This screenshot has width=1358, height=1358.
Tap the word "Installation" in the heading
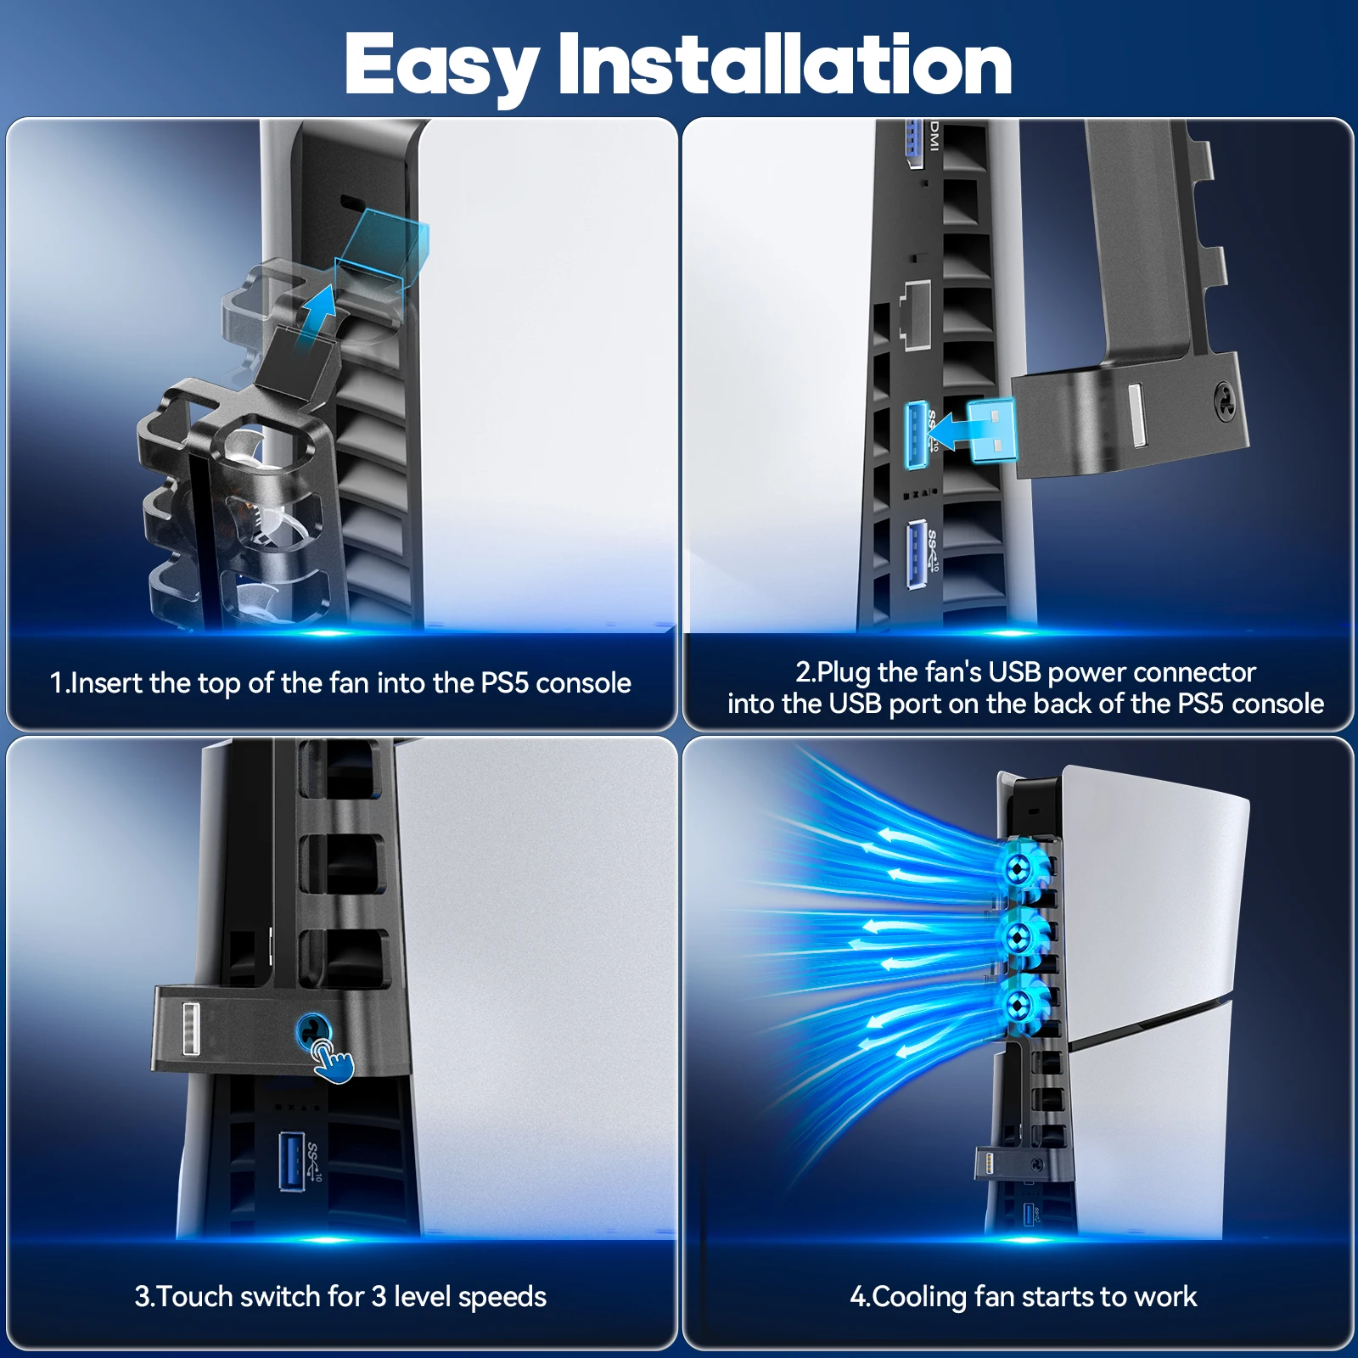[785, 64]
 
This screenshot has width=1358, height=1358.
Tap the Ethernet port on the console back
[916, 314]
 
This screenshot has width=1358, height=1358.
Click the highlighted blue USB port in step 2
[916, 435]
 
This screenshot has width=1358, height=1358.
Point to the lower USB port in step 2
[916, 554]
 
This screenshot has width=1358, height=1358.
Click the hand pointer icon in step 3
[334, 1062]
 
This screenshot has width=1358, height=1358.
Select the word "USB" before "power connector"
[1015, 672]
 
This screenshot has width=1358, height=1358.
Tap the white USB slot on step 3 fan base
[190, 1030]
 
